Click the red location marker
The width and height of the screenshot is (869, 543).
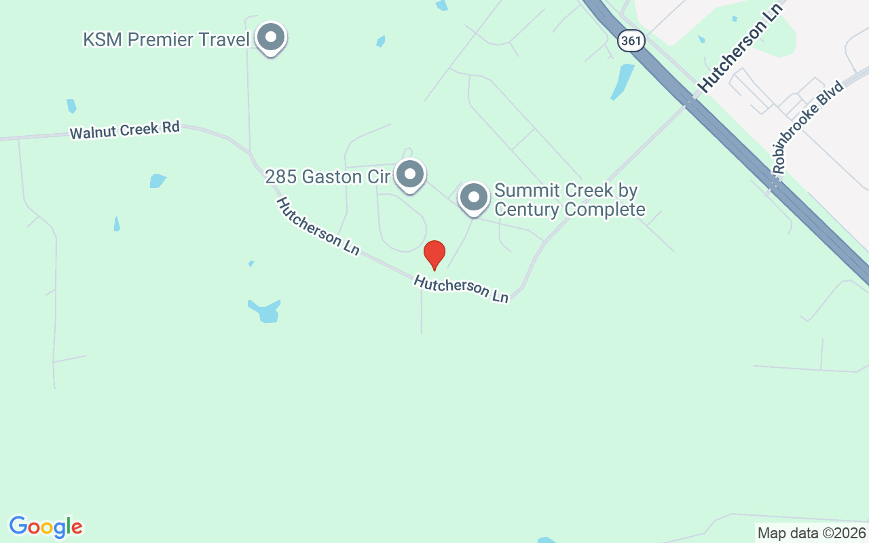434,255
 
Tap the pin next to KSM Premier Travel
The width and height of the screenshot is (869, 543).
272,38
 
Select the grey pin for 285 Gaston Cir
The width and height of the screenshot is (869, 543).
410,174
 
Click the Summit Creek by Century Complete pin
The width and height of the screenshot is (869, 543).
473,198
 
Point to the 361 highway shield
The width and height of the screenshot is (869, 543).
631,41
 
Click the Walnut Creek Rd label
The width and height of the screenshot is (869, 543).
125,130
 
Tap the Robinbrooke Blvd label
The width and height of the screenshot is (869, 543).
808,127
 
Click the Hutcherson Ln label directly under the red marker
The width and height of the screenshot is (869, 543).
461,288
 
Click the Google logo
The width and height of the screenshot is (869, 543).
46,527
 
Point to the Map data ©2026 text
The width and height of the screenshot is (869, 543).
811,533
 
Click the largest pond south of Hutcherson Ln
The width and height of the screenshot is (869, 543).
265,311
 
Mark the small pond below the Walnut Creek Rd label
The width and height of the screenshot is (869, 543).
157,181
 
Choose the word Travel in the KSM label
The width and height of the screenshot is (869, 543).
227,39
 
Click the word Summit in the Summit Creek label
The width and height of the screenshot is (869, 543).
525,190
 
